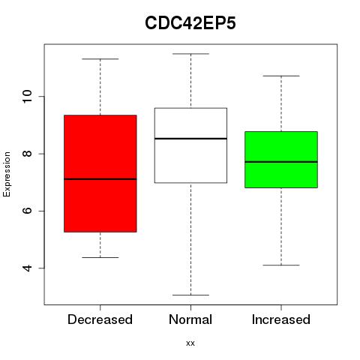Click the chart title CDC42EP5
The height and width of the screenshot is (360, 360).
point(190,23)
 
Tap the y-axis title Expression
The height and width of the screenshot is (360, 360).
point(7,174)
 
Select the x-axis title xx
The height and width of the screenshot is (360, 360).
point(190,343)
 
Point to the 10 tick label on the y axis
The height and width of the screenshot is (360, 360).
point(27,97)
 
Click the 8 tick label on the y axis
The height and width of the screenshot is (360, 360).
point(27,154)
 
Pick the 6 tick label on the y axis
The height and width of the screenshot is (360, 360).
point(27,211)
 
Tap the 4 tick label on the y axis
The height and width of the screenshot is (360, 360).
point(27,268)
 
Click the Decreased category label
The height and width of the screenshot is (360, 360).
point(100,319)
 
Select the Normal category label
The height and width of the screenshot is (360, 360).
point(190,319)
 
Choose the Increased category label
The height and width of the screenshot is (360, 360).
point(281,319)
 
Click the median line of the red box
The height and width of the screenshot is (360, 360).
point(100,179)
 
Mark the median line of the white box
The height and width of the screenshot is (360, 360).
point(190,139)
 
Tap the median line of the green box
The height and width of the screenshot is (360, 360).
point(281,162)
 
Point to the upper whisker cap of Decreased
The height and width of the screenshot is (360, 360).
point(100,59)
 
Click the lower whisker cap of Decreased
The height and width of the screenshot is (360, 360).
point(100,257)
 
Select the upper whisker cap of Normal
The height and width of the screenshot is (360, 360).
point(190,54)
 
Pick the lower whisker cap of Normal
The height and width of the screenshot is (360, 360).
point(190,295)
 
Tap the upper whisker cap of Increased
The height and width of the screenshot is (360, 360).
point(281,76)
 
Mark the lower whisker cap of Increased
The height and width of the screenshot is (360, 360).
point(281,265)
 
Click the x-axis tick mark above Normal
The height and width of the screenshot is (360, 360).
point(190,307)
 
